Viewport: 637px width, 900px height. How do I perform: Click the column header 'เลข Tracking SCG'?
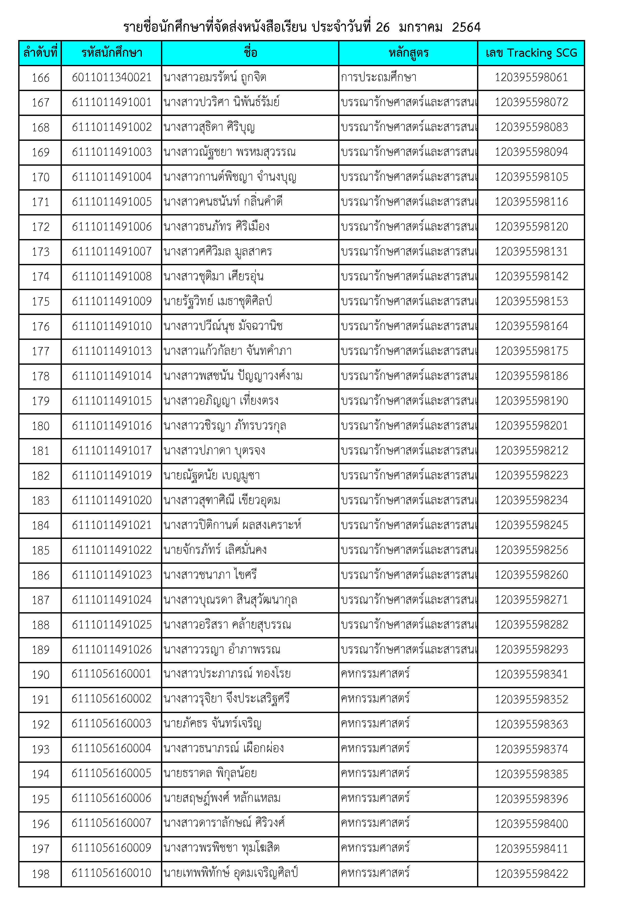point(531,53)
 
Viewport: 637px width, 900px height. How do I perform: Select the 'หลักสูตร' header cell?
point(408,53)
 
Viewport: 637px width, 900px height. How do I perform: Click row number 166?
point(40,78)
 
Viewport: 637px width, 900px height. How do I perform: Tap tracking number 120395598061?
point(531,77)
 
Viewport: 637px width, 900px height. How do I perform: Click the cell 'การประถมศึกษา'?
point(378,77)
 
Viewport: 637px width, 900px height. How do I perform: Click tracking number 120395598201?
point(531,426)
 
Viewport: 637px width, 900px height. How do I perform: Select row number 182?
point(40,476)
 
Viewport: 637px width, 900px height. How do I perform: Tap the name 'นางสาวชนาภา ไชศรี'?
point(210,575)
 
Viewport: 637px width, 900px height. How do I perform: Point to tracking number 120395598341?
point(531,674)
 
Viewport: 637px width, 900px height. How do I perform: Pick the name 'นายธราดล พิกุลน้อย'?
point(210,773)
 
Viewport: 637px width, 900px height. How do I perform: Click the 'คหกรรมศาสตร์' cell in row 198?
point(375,873)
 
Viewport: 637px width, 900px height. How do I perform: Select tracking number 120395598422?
point(531,874)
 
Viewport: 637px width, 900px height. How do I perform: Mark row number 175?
point(40,301)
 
